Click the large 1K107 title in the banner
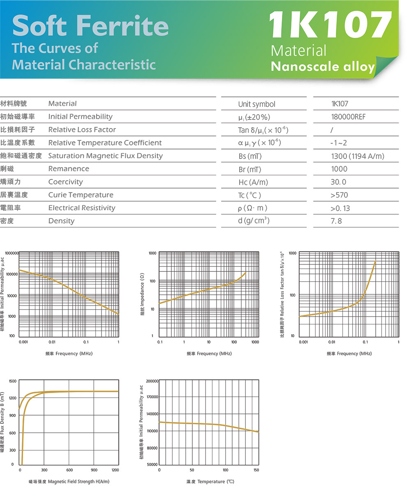330,24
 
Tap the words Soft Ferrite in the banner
90,25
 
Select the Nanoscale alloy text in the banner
323,66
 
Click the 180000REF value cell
348,117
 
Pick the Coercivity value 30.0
338,182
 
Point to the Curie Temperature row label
81,195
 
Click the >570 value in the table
339,195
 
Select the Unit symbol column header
256,104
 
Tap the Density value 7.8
336,221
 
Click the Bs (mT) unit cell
250,156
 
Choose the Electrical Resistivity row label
82,208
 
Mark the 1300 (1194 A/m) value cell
358,156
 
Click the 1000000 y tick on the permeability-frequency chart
12,253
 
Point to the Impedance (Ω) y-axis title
142,294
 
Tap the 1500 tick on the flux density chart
13,381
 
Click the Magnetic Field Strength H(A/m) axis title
79,482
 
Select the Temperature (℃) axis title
216,482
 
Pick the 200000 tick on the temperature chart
152,381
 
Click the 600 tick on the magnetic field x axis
69,470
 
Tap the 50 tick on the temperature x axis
192,470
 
